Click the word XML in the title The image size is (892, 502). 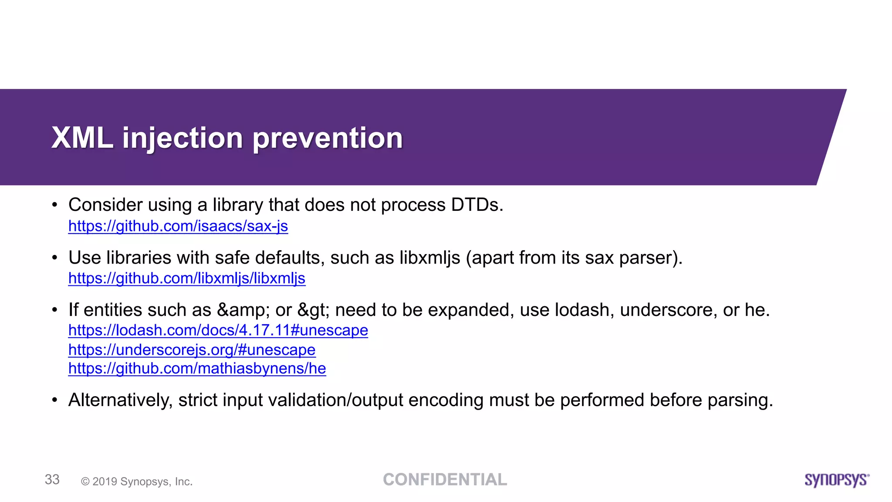pyautogui.click(x=82, y=138)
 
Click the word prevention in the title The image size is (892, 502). pyautogui.click(x=328, y=138)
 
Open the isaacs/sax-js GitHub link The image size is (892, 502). pyautogui.click(x=178, y=226)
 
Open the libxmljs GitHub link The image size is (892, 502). pyautogui.click(x=186, y=278)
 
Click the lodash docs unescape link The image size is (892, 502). pyautogui.click(x=218, y=330)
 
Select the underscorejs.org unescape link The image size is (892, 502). pyautogui.click(x=192, y=349)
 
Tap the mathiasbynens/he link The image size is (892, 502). pyautogui.click(x=197, y=369)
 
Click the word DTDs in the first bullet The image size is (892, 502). pyautogui.click(x=476, y=205)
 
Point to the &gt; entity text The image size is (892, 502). pyautogui.click(x=314, y=310)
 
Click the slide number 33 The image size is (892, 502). pyautogui.click(x=52, y=479)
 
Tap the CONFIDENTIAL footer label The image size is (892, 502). pyautogui.click(x=445, y=480)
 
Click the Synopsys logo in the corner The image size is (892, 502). pyautogui.click(x=836, y=480)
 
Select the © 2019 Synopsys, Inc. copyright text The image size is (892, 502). pyautogui.click(x=137, y=482)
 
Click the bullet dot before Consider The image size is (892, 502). pyautogui.click(x=54, y=205)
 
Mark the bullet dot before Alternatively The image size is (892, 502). pyautogui.click(x=54, y=400)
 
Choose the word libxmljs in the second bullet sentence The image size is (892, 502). pyautogui.click(x=429, y=258)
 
